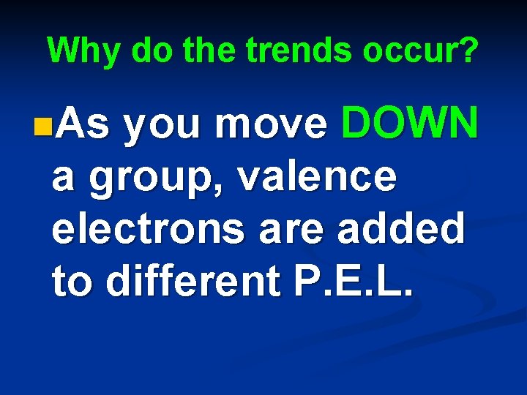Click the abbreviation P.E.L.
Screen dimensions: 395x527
[363, 280]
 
